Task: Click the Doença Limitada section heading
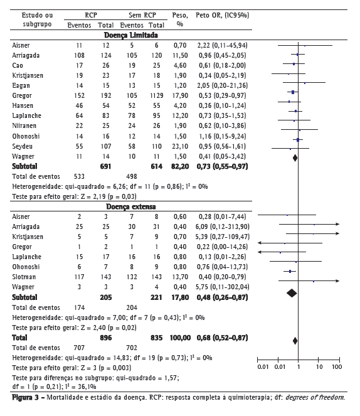tap(131, 35)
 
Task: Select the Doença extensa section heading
tap(131, 206)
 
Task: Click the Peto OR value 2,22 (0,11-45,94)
tap(223, 45)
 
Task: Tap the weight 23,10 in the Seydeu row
tap(180, 146)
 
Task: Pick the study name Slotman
tap(24, 277)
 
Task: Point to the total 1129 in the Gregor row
tap(157, 95)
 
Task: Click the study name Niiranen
tap(24, 125)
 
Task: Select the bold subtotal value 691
tap(105, 167)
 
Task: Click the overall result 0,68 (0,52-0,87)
tap(223, 338)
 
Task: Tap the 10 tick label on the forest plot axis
tap(319, 367)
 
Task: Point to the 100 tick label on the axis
tap(337, 367)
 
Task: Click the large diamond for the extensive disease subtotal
tap(292, 293)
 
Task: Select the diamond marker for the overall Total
tap(295, 341)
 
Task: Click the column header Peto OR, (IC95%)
tap(223, 16)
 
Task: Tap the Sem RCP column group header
tap(142, 16)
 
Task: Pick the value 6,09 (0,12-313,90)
tap(223, 227)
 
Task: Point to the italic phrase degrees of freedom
tap(315, 398)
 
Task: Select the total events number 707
tap(79, 348)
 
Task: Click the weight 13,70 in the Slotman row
tap(180, 277)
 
